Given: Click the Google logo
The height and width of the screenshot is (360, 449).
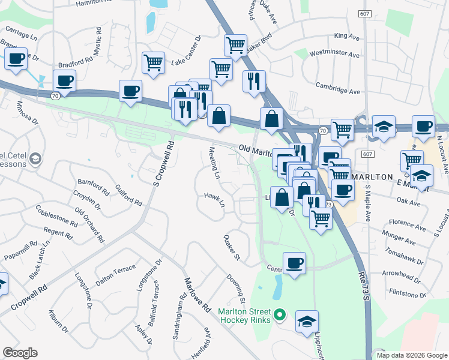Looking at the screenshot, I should pyautogui.click(x=20, y=353).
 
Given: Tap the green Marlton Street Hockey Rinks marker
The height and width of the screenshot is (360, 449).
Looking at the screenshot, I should pyautogui.click(x=279, y=314).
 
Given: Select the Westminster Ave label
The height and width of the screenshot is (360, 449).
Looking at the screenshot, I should pyautogui.click(x=334, y=54).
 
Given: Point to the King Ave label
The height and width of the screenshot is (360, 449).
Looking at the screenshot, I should pyautogui.click(x=346, y=37).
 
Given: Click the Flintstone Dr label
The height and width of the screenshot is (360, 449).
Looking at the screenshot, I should pyautogui.click(x=406, y=294).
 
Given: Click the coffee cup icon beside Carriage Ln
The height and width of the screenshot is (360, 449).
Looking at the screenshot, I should pyautogui.click(x=16, y=59).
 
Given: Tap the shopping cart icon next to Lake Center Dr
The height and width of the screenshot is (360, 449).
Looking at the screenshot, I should pyautogui.click(x=154, y=62).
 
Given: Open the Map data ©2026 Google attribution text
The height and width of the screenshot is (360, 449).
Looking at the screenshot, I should pyautogui.click(x=411, y=355).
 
